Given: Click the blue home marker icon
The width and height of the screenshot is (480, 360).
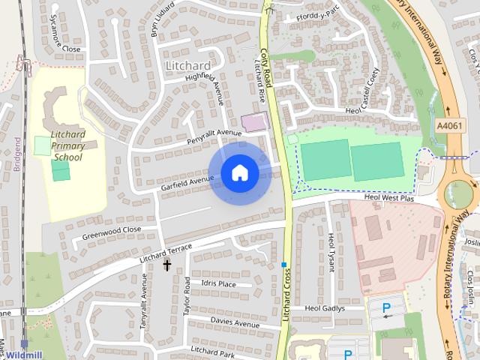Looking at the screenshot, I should click(x=239, y=173).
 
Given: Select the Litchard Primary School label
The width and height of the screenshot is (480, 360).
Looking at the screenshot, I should click(x=67, y=146).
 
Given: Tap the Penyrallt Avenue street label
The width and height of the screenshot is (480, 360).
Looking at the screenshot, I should click(x=214, y=136).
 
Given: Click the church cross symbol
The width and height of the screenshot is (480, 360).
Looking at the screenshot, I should click(x=166, y=264).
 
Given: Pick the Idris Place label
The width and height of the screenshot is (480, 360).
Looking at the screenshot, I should click(x=218, y=284).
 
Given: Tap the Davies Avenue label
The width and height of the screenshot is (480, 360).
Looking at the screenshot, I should click(x=235, y=322).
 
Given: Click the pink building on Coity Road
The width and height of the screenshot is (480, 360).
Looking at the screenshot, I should click(x=253, y=121).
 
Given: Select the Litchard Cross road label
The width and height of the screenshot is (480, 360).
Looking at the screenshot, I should click(x=286, y=296).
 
